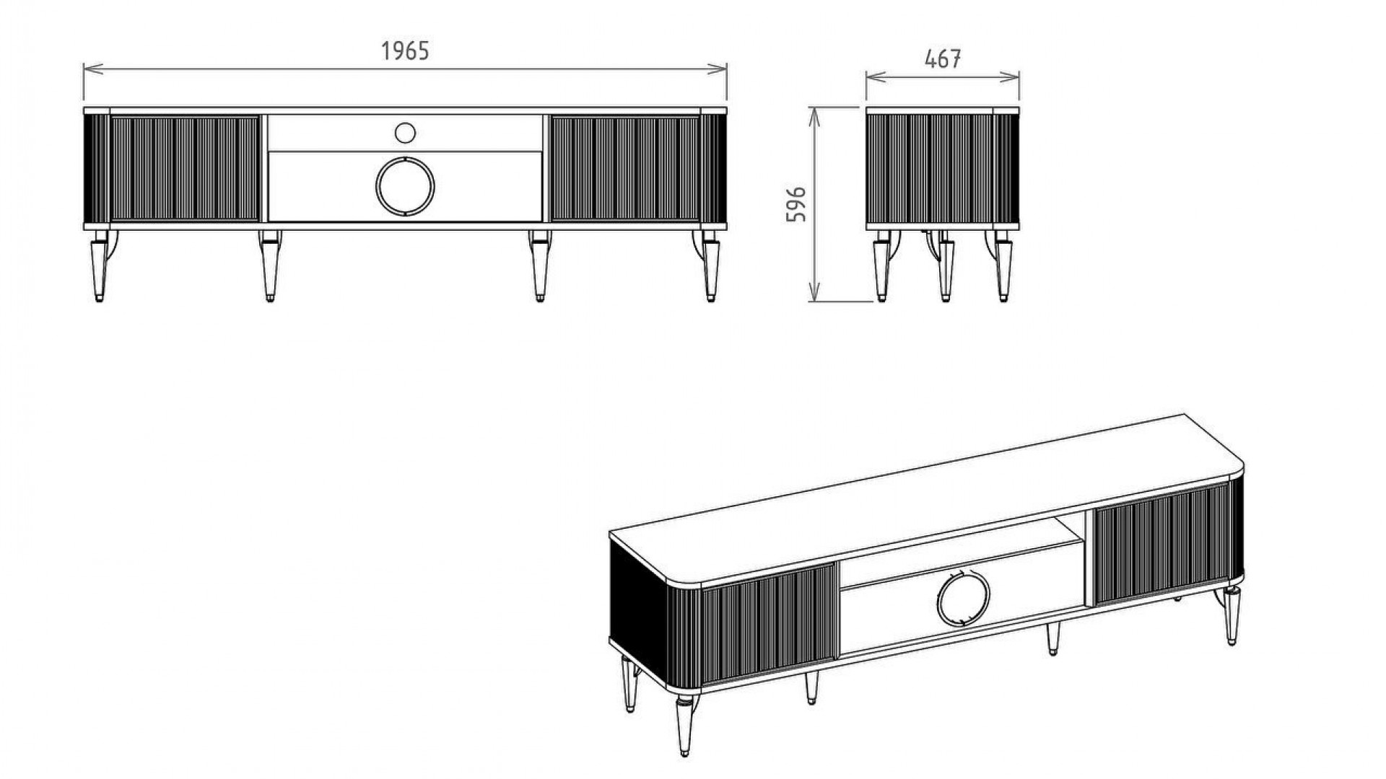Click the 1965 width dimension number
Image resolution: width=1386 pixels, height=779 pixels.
pyautogui.click(x=405, y=51)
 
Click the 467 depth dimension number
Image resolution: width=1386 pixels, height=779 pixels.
pyautogui.click(x=943, y=59)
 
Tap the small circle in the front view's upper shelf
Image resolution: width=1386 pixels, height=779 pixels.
pyautogui.click(x=405, y=133)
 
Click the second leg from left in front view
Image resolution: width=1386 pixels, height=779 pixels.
pyautogui.click(x=270, y=265)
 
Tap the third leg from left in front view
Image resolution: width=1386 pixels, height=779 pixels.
pyautogui.click(x=539, y=265)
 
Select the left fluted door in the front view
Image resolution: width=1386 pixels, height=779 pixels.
pyautogui.click(x=184, y=168)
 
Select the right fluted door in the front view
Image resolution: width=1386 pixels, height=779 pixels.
pyautogui.click(x=625, y=168)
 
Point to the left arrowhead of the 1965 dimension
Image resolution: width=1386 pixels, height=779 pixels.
pyautogui.click(x=89, y=69)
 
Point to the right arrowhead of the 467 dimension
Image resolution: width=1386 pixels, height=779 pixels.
pyautogui.click(x=1014, y=76)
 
